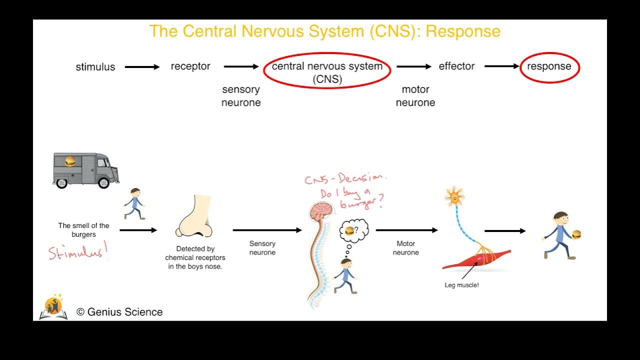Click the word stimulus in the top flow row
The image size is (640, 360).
95,67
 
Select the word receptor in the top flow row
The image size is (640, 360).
190,66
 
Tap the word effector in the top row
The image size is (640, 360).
456,66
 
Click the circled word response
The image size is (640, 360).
549,66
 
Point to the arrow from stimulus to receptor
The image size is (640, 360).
142,67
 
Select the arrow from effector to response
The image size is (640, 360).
501,66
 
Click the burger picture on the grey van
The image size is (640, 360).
70,161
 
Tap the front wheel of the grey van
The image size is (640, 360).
104,182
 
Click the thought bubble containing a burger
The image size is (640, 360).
353,231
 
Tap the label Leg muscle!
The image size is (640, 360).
461,285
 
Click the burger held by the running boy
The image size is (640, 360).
576,234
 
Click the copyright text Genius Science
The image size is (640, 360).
119,312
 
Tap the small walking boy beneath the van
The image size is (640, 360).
134,203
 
